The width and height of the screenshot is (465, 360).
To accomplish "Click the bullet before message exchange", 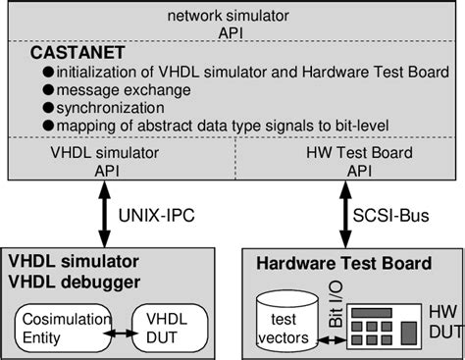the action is coord(47,89).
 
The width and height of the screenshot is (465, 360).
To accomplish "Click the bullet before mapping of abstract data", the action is coord(47,125).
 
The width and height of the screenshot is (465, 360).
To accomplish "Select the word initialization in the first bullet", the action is coord(93,72).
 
